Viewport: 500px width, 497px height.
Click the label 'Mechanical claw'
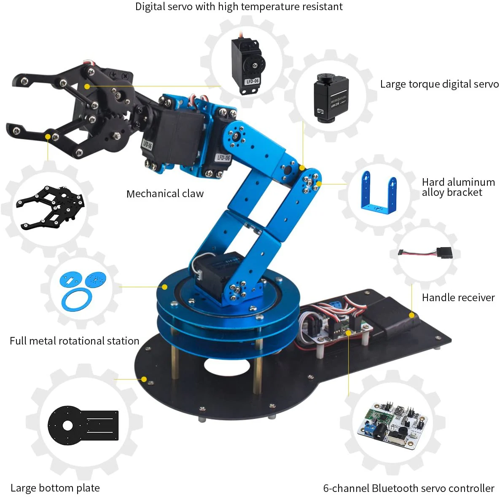165,193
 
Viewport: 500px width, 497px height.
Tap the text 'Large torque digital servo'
439,84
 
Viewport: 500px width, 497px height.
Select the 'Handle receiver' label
458,297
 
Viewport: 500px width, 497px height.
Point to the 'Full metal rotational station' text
74,341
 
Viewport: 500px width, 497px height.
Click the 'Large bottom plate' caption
55,488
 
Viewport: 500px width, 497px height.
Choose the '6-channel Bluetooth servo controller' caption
409,488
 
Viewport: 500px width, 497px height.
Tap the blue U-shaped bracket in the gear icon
379,193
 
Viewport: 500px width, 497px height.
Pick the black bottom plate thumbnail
83,425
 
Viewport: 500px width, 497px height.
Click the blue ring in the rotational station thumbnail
77,299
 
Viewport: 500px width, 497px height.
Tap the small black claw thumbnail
51,207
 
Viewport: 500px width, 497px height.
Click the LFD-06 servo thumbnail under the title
248,65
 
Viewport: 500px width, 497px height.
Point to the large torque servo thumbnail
331,98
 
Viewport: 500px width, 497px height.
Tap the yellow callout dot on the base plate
144,379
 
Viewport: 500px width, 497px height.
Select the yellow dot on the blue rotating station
164,287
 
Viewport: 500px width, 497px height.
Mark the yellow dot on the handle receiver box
411,315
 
